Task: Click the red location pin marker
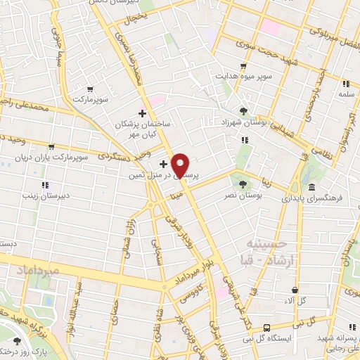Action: tap(181, 165)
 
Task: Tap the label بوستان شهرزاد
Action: tap(243, 123)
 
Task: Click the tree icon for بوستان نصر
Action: tap(243, 184)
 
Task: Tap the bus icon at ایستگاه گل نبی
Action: tap(267, 327)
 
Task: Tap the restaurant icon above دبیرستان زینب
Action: tap(45, 185)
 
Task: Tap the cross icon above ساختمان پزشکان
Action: tap(143, 113)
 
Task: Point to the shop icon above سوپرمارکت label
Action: tap(90, 89)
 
